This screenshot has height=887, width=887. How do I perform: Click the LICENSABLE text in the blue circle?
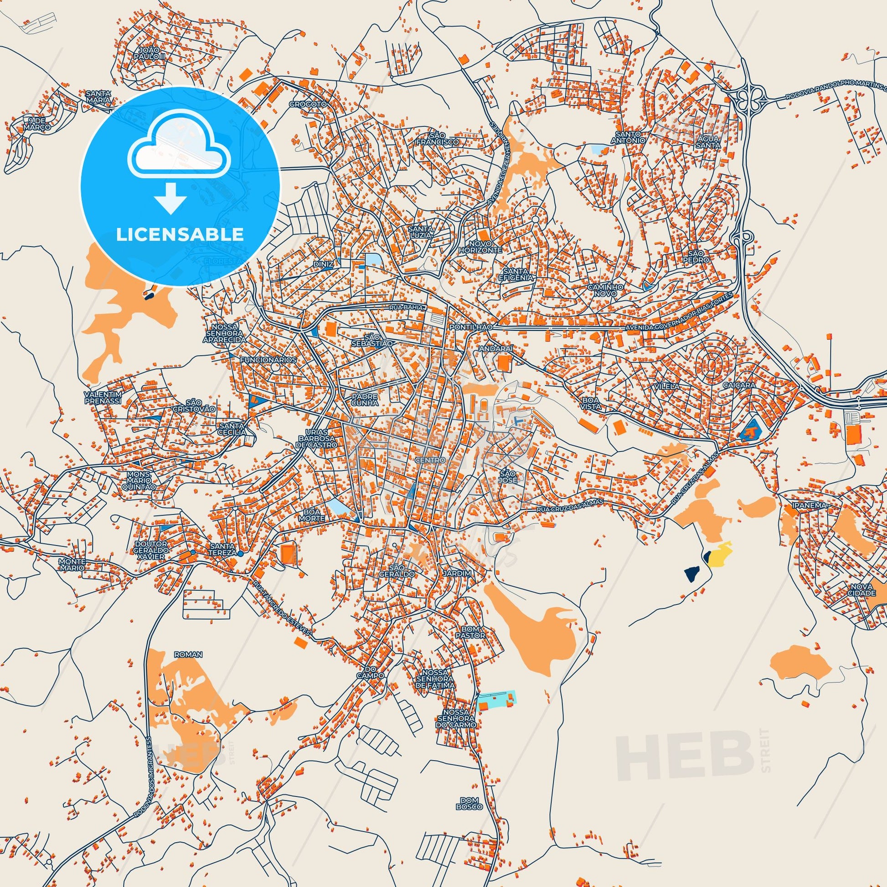[x=180, y=234]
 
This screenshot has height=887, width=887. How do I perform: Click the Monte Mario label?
[x=72, y=564]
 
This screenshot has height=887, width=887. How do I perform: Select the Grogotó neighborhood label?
[x=308, y=104]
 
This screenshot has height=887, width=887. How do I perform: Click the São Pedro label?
[x=699, y=256]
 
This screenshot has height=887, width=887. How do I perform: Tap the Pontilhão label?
[x=471, y=326]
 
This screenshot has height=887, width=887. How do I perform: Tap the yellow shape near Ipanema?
[x=719, y=554]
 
